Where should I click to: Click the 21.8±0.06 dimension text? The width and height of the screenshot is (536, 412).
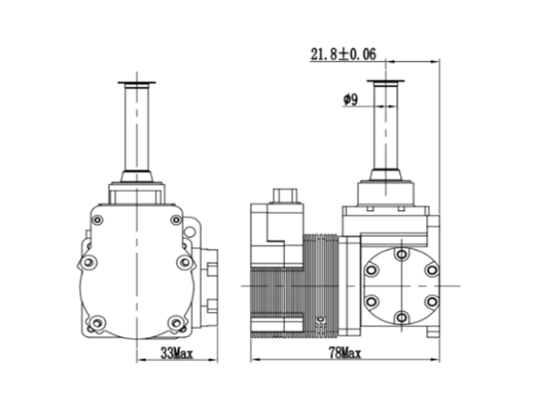point(343,55)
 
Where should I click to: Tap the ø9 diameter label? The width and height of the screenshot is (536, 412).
point(350,100)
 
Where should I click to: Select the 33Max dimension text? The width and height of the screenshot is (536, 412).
point(177,353)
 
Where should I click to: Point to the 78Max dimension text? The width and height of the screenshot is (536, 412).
point(345,353)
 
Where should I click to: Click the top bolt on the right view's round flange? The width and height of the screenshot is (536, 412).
point(402,254)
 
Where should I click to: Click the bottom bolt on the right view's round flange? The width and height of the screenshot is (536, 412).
point(402,318)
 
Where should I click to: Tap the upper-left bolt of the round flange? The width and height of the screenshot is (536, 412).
point(371,270)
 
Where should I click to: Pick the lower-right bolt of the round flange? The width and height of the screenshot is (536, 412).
point(432,301)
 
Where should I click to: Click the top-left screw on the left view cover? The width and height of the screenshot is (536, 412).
point(98,220)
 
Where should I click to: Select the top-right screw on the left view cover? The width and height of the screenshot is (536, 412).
point(176,220)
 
